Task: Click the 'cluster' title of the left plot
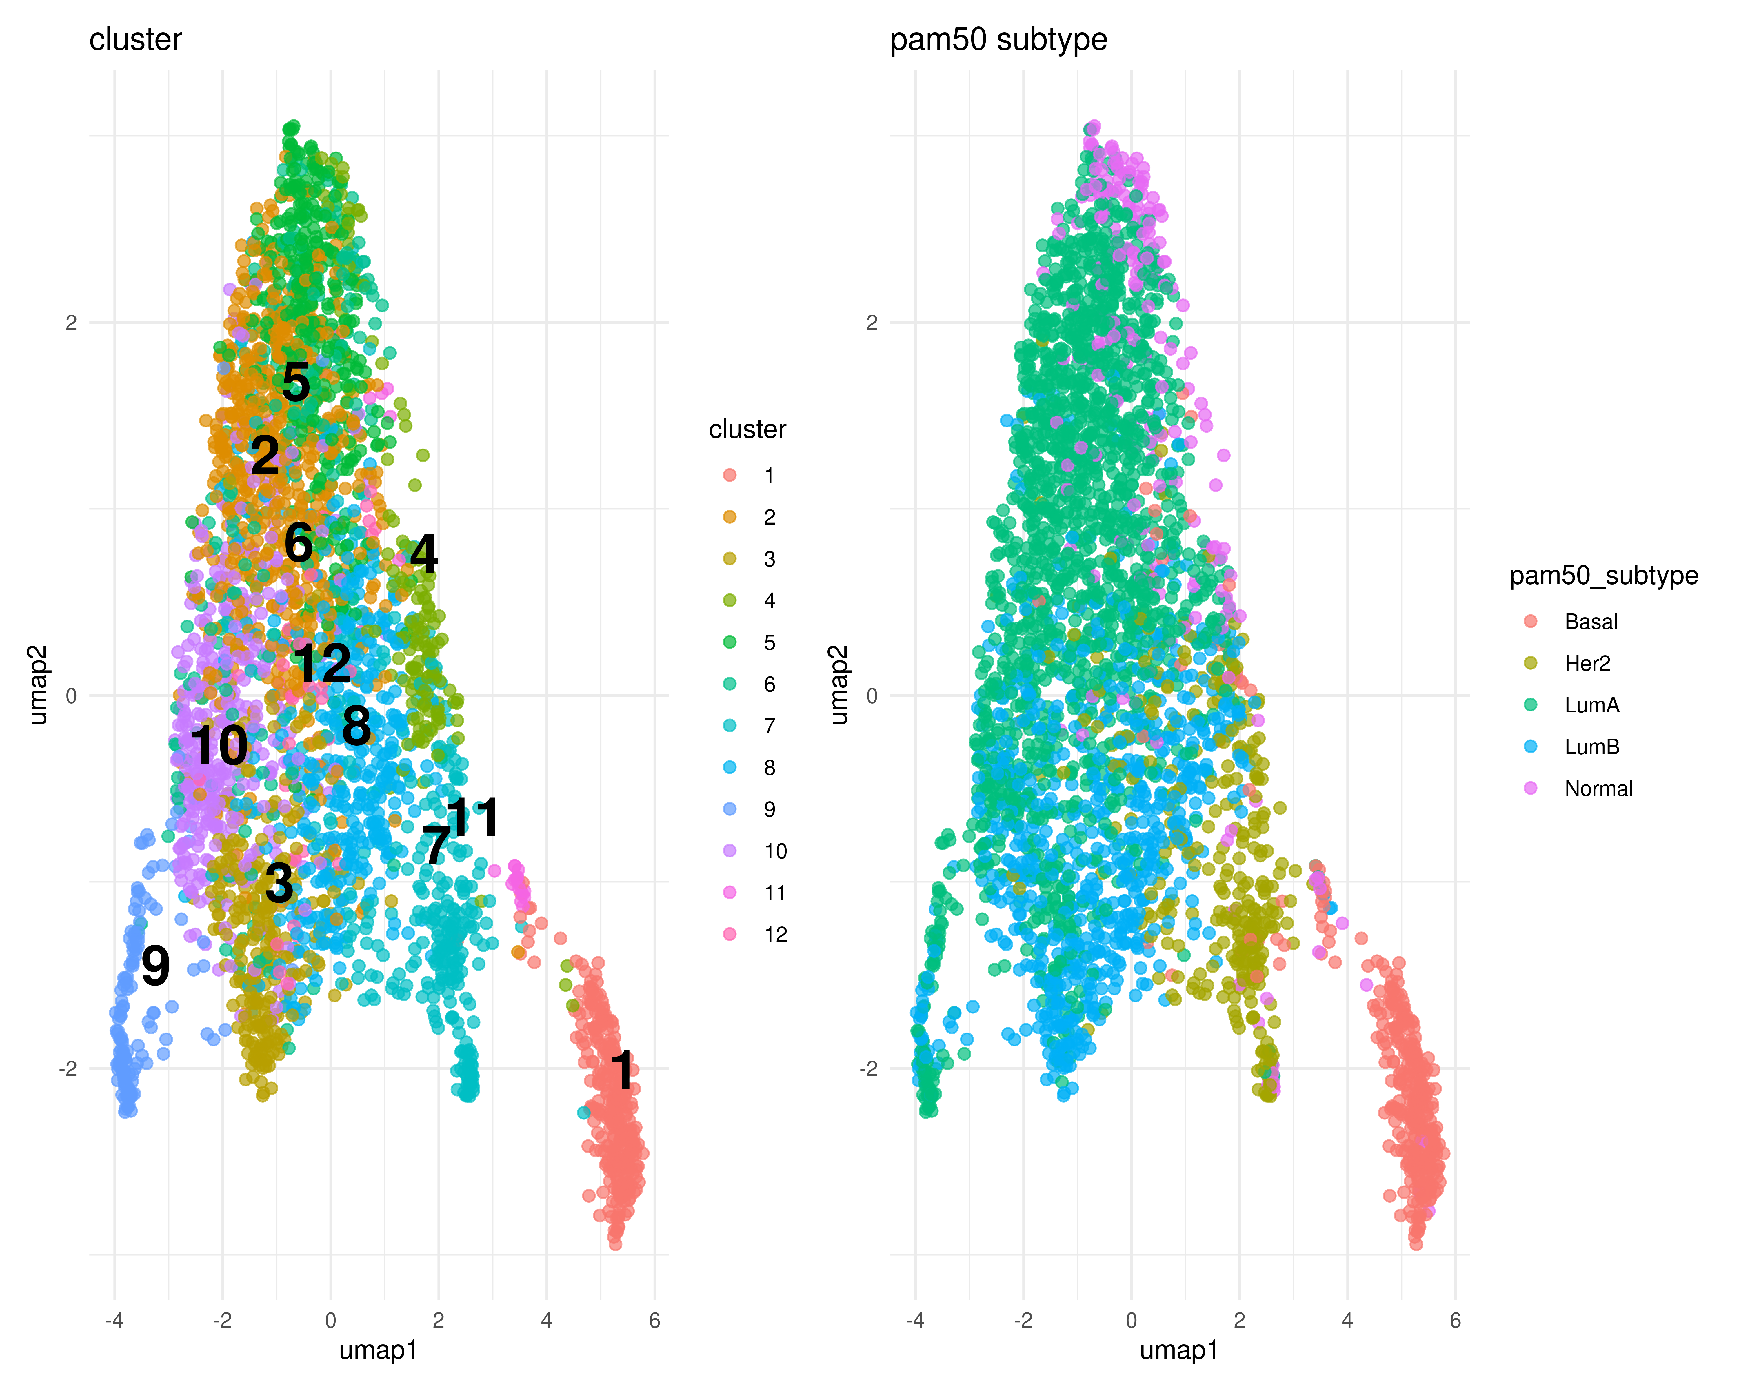click(x=136, y=39)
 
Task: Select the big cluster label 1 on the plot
click(x=622, y=1070)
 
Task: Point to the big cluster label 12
click(x=321, y=664)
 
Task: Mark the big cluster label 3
click(x=279, y=883)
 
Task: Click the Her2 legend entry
click(x=1587, y=664)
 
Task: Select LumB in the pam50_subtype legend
click(x=1591, y=747)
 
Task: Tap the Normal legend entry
click(x=1598, y=789)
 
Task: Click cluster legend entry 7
click(x=770, y=726)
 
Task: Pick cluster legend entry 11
click(x=774, y=893)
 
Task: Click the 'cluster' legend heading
click(x=747, y=430)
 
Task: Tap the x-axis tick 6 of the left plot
click(x=654, y=1320)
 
